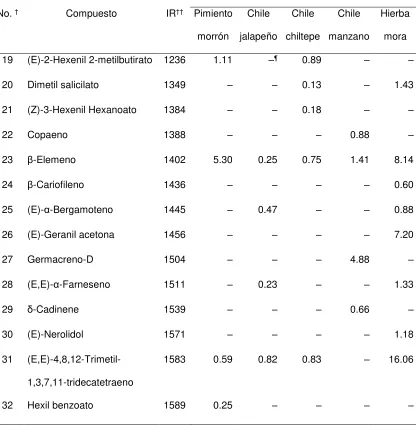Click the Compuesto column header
click(91, 14)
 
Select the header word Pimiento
click(213, 14)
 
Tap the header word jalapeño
click(258, 37)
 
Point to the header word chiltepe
click(303, 36)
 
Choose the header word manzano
click(349, 36)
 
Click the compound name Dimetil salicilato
click(63, 85)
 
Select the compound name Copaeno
click(47, 135)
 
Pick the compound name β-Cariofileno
click(56, 185)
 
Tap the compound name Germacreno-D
click(60, 259)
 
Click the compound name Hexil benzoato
click(60, 405)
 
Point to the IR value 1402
click(175, 160)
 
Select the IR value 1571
click(175, 334)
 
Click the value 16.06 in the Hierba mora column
click(401, 359)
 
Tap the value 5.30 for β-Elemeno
click(223, 160)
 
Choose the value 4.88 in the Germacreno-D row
click(360, 259)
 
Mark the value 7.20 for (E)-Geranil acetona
click(404, 235)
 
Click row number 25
click(7, 210)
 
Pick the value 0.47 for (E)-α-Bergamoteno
click(267, 210)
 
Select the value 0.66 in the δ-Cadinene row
click(360, 309)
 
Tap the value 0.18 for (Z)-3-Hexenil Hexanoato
click(311, 110)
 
